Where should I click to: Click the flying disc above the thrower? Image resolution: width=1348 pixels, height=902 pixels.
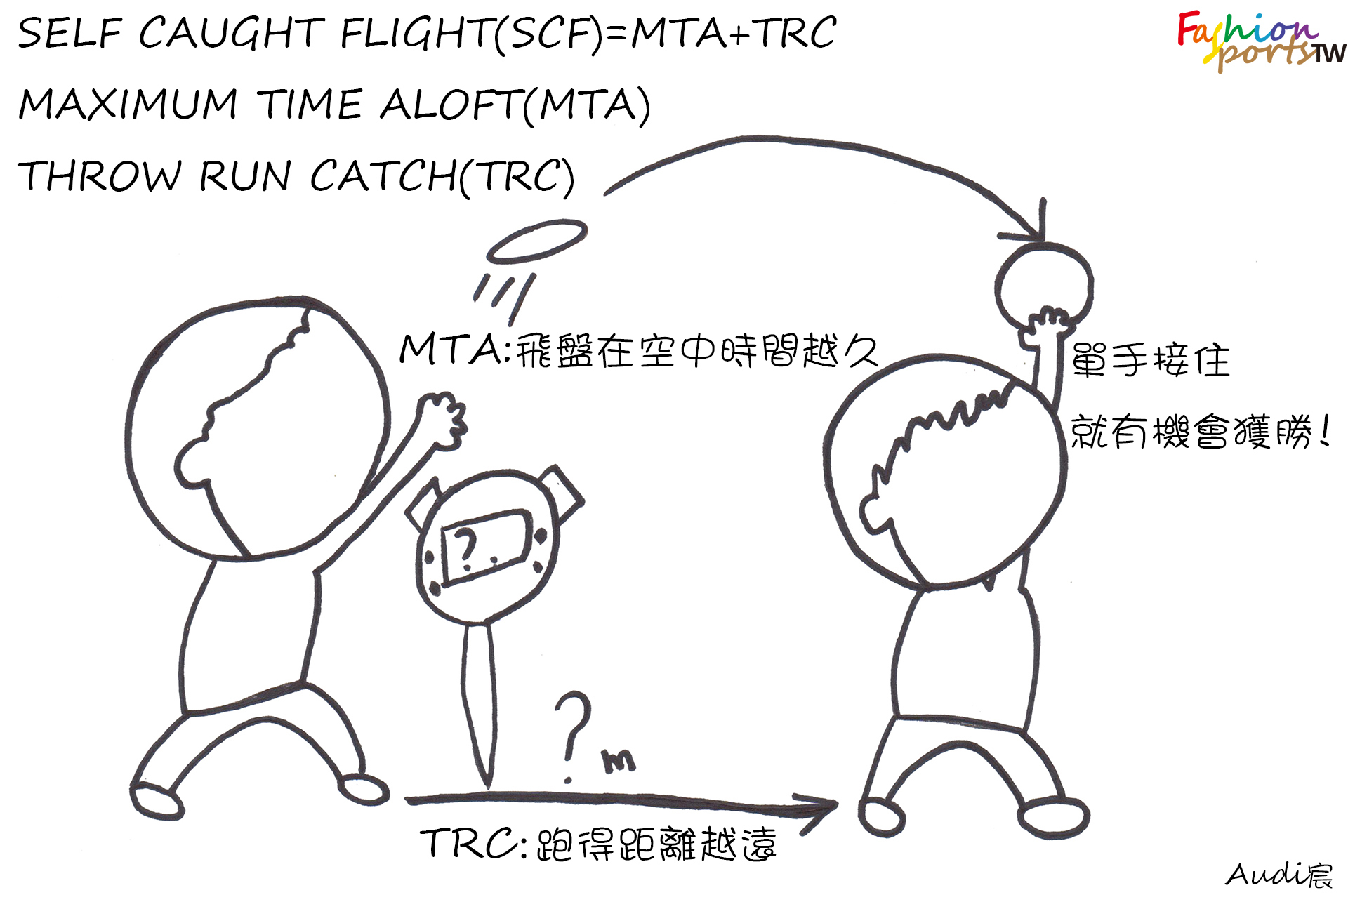click(537, 241)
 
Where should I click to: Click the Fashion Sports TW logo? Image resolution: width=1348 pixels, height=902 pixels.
click(1260, 41)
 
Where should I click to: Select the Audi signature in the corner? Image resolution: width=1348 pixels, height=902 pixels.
click(1278, 875)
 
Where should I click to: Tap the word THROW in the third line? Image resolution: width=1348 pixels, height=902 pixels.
click(99, 175)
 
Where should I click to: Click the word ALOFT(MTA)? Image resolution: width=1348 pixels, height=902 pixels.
click(515, 105)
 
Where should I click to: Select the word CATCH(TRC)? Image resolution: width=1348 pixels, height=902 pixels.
click(442, 175)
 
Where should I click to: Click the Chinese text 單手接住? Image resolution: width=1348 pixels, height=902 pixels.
click(1150, 361)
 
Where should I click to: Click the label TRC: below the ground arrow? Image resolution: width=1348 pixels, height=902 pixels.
click(473, 843)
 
